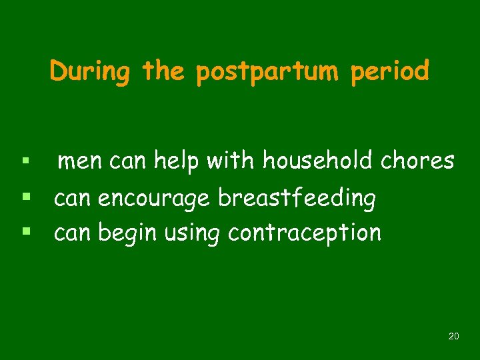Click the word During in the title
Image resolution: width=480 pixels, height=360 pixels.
coord(89,71)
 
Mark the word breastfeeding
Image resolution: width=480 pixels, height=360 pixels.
coord(297,198)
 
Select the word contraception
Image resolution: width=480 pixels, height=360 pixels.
coord(305,233)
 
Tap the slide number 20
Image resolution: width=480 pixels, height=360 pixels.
coord(453,337)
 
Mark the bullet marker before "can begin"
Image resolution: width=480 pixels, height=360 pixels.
coord(25,233)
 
